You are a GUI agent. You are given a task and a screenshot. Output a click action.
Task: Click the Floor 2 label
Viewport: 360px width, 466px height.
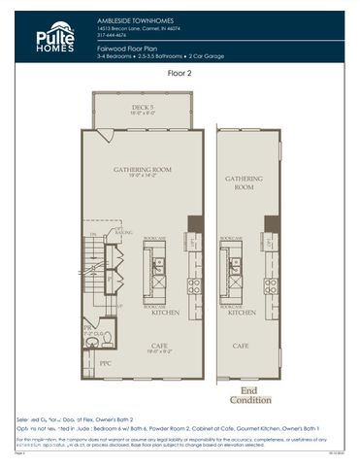pyautogui.click(x=180, y=73)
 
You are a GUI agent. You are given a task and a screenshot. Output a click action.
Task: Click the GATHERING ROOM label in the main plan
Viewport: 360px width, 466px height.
pyautogui.click(x=142, y=172)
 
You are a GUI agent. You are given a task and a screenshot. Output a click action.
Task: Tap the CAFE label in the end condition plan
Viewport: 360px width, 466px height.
pyautogui.click(x=240, y=345)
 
